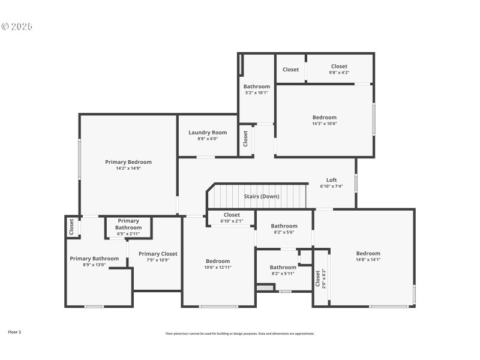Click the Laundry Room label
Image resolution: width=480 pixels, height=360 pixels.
(208, 133)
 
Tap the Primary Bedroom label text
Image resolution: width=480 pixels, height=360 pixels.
(128, 162)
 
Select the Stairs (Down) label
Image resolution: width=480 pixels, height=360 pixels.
(261, 196)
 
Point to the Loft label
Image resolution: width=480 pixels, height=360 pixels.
(331, 180)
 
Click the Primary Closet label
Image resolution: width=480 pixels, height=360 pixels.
(158, 254)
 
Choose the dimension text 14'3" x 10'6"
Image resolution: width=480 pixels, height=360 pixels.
(324, 124)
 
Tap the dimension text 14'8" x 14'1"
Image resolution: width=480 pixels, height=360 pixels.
(368, 259)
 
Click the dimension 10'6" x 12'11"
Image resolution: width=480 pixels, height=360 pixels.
(218, 267)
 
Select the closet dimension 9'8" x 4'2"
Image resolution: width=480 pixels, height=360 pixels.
(339, 73)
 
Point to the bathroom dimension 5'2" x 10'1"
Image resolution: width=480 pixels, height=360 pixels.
(256, 92)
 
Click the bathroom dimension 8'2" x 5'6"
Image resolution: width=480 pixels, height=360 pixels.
(284, 232)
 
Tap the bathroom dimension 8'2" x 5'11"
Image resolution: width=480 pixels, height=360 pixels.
(283, 274)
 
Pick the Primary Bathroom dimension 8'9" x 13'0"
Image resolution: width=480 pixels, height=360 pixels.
(94, 265)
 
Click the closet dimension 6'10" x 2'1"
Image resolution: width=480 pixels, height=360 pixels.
(232, 221)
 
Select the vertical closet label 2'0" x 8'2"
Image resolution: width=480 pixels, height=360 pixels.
(323, 278)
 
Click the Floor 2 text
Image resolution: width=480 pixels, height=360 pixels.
(14, 331)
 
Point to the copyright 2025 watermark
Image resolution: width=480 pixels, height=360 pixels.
(17, 26)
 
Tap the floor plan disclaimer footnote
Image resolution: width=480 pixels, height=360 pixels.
(239, 334)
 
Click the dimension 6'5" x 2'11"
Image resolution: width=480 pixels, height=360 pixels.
(128, 233)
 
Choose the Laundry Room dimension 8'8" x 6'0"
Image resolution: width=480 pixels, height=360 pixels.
(208, 139)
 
